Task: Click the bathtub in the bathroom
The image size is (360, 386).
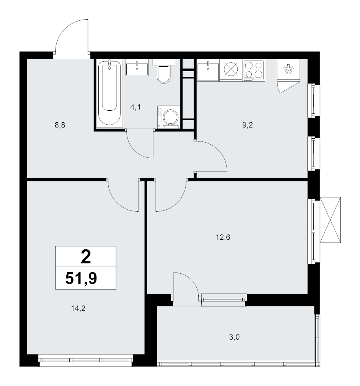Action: coord(110,93)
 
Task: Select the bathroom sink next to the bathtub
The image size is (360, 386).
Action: coord(137,68)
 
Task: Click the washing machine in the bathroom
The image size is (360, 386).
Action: coord(169,117)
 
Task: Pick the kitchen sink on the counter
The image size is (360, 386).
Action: coord(208,70)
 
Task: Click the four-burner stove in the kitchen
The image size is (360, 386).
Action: coord(253,70)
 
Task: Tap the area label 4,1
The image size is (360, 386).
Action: coord(136,107)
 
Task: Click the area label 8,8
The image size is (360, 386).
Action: coord(60,125)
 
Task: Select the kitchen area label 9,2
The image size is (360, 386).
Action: coord(248,125)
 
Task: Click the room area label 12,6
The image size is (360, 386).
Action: coord(223,237)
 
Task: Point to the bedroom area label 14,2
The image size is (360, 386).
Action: coord(78,308)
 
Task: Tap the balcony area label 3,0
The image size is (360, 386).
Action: coord(234,337)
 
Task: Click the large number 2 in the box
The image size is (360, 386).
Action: coord(86,257)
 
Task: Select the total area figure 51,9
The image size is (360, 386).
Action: coord(81,279)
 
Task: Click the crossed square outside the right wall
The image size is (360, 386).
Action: coord(330,220)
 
